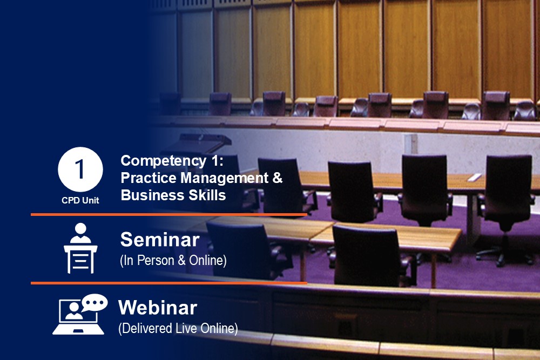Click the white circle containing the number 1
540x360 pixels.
[80, 169]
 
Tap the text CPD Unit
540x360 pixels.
[80, 200]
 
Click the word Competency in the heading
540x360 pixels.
[164, 161]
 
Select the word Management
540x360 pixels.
[224, 178]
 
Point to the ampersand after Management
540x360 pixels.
[278, 178]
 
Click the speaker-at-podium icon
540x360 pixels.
[80, 248]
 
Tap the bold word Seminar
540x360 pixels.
[160, 240]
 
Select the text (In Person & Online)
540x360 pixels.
[173, 261]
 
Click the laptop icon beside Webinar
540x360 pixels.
[78, 317]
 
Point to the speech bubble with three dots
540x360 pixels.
[94, 303]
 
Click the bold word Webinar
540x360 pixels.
[158, 307]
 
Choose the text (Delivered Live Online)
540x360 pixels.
[178, 328]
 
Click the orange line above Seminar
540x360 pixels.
[168, 215]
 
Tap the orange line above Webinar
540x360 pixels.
[168, 283]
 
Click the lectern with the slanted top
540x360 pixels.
[204, 140]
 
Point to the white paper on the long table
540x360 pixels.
[474, 177]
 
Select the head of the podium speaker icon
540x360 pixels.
[80, 228]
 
